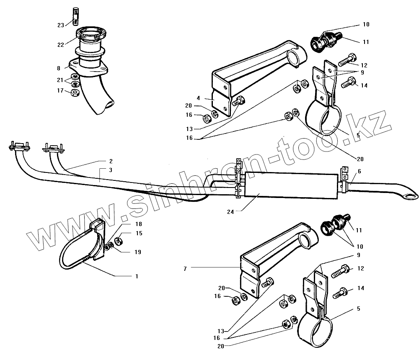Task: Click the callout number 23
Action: coord(61,25)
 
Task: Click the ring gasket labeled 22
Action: coord(90,33)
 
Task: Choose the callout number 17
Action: coord(61,90)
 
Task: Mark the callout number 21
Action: coord(61,80)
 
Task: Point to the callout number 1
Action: coord(137,277)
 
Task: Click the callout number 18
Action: coord(138,225)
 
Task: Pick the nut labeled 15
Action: coord(118,241)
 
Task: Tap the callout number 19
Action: coord(138,252)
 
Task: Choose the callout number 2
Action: coord(111,161)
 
